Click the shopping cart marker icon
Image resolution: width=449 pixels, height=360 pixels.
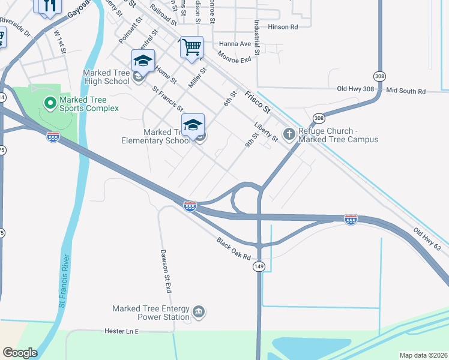pyautogui.click(x=191, y=47)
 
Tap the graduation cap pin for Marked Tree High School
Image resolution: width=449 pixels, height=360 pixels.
pyautogui.click(x=143, y=61)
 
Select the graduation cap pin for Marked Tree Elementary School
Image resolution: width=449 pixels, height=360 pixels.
pyautogui.click(x=193, y=125)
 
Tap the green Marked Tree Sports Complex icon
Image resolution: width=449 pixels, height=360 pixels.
pyautogui.click(x=50, y=103)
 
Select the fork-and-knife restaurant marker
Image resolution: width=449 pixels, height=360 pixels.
pyautogui.click(x=48, y=5)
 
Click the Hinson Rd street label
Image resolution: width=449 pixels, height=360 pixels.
pyautogui.click(x=283, y=27)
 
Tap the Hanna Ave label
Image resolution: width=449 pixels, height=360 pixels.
pyautogui.click(x=234, y=44)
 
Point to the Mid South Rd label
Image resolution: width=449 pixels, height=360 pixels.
pyautogui.click(x=406, y=91)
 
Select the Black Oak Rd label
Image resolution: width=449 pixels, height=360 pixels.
pyautogui.click(x=234, y=248)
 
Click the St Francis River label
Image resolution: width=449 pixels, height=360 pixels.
pyautogui.click(x=65, y=281)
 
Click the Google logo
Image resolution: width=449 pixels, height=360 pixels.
pyautogui.click(x=20, y=353)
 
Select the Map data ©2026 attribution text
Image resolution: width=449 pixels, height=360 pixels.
pyautogui.click(x=423, y=355)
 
